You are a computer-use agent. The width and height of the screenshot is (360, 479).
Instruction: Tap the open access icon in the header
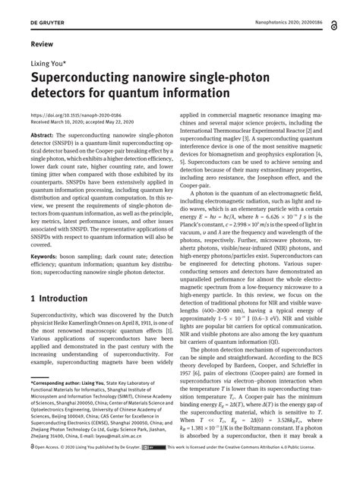[336, 25]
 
